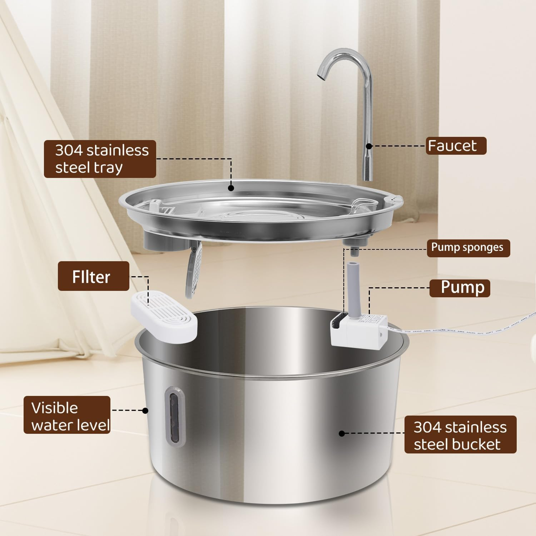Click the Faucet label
click(x=456, y=146)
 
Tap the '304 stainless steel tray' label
click(x=100, y=159)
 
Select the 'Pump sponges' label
click(x=468, y=248)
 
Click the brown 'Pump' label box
click(x=459, y=288)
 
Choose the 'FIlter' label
click(x=93, y=276)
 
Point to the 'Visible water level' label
click(x=67, y=415)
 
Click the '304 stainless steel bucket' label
click(x=460, y=435)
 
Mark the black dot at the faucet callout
click(x=369, y=146)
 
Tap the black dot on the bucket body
click(x=342, y=433)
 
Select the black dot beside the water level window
click(x=145, y=411)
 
